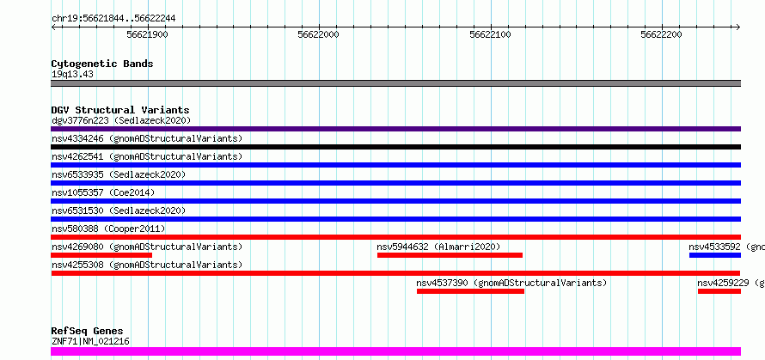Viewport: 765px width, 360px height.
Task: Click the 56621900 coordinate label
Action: [147, 34]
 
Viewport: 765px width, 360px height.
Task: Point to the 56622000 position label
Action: [318, 34]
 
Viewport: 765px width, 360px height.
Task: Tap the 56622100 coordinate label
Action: [490, 34]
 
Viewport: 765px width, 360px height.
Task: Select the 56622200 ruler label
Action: [661, 34]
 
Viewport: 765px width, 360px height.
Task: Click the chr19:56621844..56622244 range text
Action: [113, 19]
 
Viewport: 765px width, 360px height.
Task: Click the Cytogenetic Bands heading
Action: [102, 64]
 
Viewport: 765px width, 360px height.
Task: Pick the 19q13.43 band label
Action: [72, 75]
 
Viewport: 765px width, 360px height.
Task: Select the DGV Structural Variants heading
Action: [120, 110]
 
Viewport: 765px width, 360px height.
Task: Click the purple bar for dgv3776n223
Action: [395, 129]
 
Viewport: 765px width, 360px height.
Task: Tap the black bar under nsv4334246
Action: [395, 147]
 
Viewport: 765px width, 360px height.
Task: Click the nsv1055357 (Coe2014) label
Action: [103, 192]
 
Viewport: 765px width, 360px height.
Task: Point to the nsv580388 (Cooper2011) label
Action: [108, 229]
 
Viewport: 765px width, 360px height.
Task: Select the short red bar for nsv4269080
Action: [101, 255]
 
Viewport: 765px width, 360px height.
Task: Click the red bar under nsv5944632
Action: [450, 255]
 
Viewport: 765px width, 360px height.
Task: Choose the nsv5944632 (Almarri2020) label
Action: [438, 247]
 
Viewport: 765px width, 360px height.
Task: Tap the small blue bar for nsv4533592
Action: [715, 255]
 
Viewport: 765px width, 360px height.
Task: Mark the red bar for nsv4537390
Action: [470, 291]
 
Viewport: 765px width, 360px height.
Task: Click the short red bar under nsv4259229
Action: [719, 291]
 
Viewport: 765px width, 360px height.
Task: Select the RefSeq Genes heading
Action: [88, 332]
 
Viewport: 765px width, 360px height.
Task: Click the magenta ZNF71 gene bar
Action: [395, 351]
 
